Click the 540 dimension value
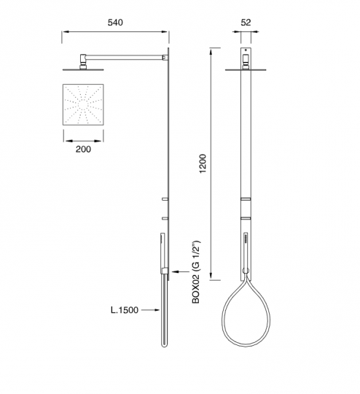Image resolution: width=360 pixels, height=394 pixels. click(115, 23)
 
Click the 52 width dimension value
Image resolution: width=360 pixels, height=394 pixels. click(246, 23)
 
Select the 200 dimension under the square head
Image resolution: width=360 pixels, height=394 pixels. click(83, 150)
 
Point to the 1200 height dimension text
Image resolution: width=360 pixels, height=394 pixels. click(203, 163)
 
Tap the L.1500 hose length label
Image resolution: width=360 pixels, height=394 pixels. click(125, 310)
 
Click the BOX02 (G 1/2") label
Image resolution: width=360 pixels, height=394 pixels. click(196, 272)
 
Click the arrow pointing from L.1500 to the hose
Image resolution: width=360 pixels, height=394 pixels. click(150, 310)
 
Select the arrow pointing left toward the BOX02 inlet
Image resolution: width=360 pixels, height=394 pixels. click(181, 271)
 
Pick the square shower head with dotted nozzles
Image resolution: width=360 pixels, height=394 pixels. click(83, 104)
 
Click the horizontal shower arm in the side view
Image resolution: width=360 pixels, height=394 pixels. click(125, 58)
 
